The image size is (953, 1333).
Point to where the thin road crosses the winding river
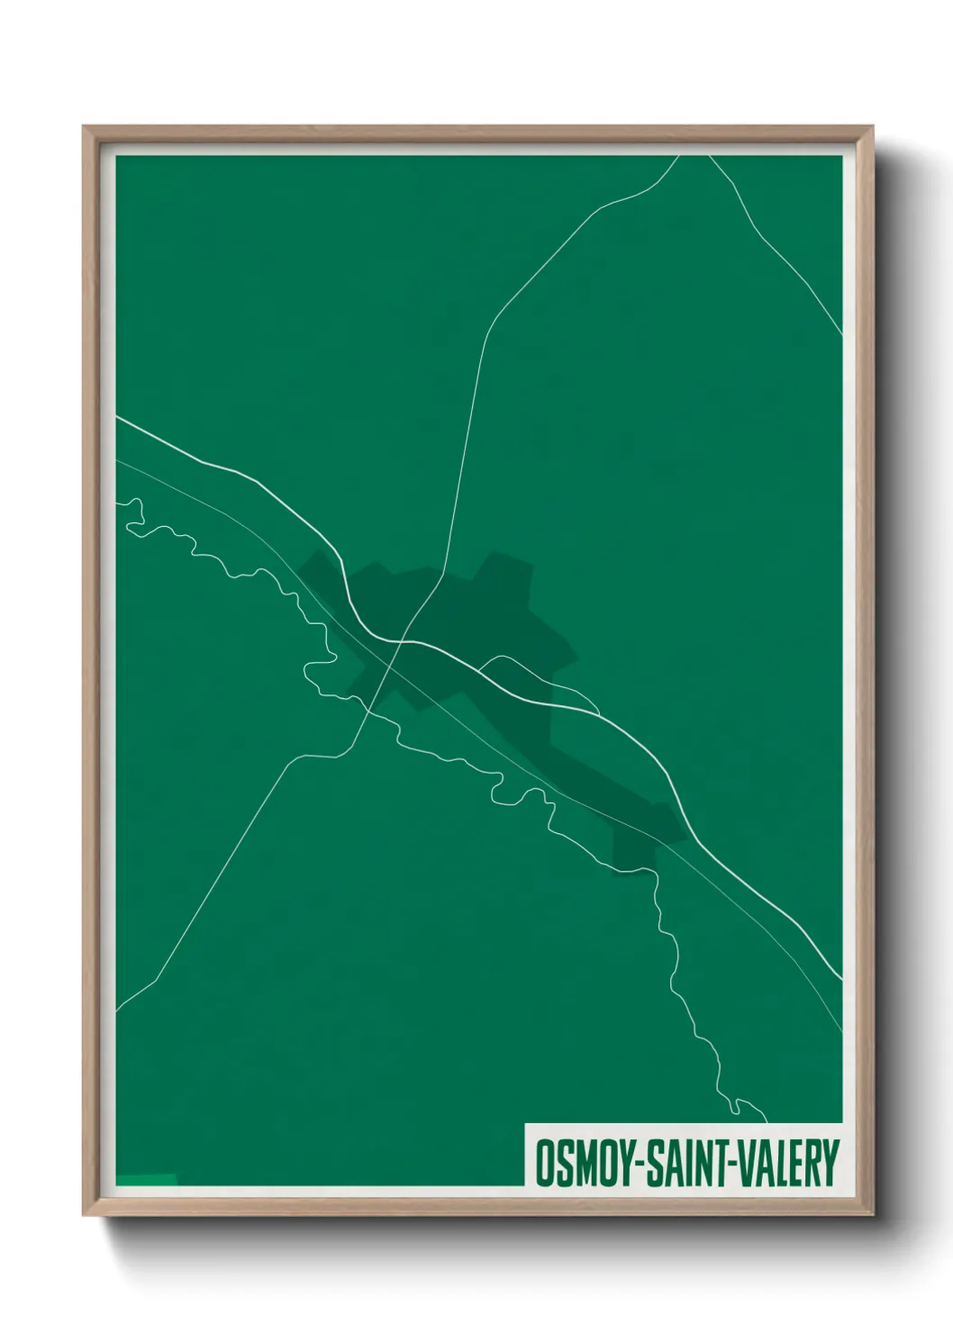pos(367,711)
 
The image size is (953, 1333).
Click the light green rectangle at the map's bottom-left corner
pos(147,1179)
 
